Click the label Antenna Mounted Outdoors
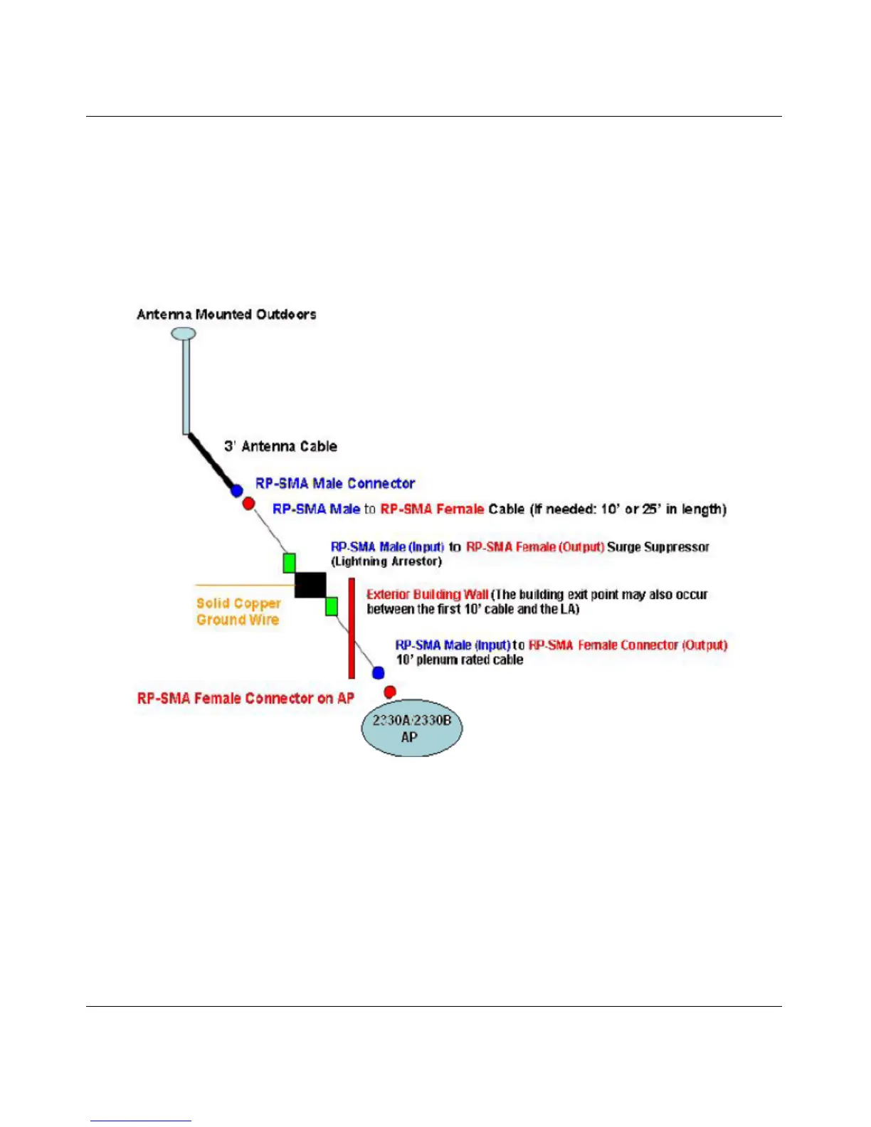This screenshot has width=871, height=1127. click(226, 314)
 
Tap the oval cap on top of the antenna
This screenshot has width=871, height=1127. click(184, 333)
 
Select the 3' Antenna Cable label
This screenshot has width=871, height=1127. click(280, 447)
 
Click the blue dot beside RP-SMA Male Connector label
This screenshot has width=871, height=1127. click(237, 491)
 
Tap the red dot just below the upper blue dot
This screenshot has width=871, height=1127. click(248, 504)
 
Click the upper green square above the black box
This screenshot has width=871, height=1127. click(289, 563)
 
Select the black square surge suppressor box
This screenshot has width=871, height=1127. click(310, 585)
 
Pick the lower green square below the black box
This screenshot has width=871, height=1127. click(331, 607)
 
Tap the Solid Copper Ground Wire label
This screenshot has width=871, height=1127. click(238, 612)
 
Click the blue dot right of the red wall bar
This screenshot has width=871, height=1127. click(379, 673)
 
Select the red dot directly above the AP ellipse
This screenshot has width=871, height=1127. click(390, 692)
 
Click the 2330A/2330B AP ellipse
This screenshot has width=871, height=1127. click(411, 728)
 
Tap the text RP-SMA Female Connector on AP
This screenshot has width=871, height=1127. click(246, 699)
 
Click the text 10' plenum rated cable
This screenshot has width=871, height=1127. click(460, 660)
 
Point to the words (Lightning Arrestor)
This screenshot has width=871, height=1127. click(386, 562)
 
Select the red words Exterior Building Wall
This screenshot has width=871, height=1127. click(427, 595)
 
